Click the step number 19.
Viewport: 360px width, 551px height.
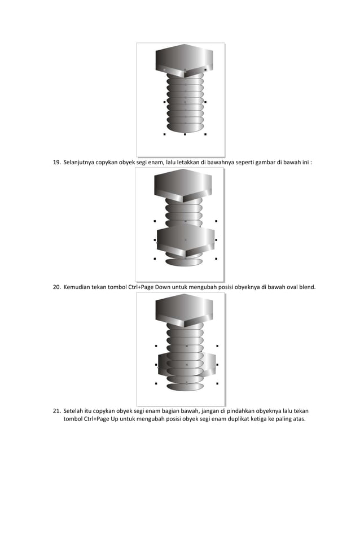(x=56, y=163)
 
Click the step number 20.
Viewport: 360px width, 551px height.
(x=56, y=287)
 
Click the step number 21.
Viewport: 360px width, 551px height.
(x=56, y=411)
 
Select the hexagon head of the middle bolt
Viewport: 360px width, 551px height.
(x=185, y=183)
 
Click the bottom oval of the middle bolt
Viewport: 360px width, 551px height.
(x=185, y=261)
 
